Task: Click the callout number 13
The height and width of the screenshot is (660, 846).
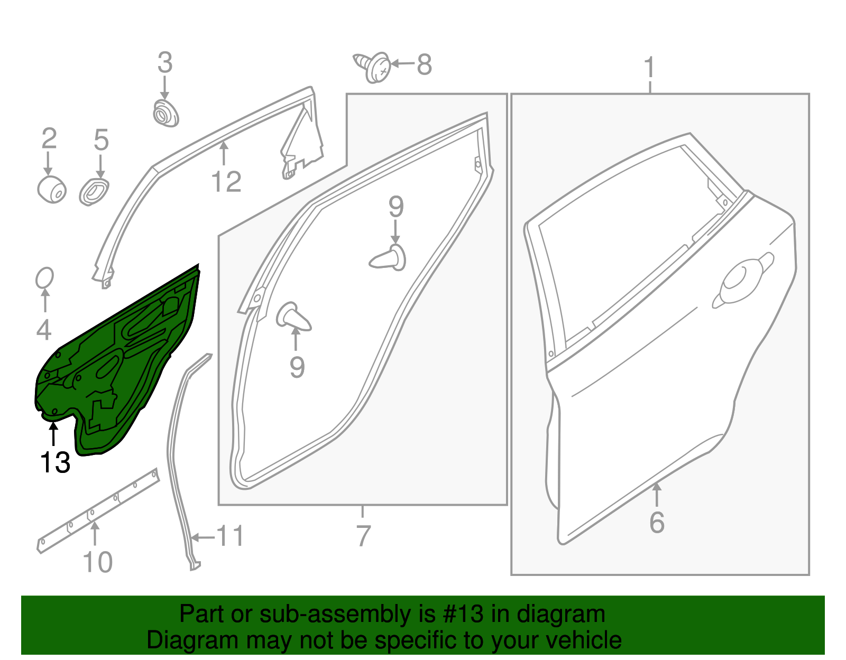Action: (x=55, y=462)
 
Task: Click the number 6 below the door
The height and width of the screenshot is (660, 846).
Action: (x=657, y=522)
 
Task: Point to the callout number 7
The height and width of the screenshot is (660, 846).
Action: (x=363, y=536)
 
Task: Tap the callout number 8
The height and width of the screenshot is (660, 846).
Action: (x=424, y=64)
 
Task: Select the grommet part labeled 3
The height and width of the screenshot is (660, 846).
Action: (x=165, y=113)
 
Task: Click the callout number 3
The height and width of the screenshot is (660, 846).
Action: (x=165, y=63)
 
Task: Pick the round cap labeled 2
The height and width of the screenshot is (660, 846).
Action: (x=52, y=190)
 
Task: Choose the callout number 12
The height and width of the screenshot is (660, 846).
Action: (x=226, y=181)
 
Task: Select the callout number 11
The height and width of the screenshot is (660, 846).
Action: (x=231, y=536)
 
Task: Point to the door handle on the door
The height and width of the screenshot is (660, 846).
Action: (x=742, y=280)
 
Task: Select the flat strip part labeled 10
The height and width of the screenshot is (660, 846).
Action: (x=98, y=509)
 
